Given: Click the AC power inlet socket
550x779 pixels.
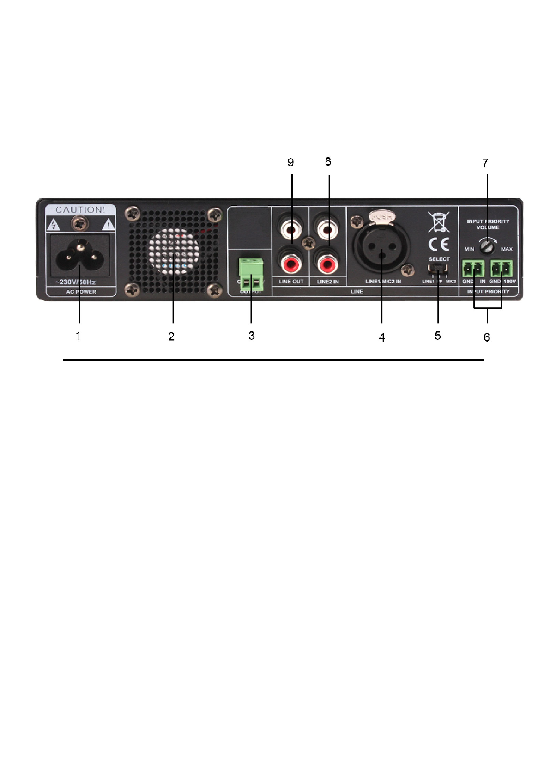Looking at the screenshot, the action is [x=80, y=256].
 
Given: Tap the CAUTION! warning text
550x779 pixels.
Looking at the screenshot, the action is [x=80, y=210].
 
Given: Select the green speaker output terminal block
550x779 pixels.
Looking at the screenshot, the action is [x=251, y=274].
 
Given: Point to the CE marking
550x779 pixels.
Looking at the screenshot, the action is [x=438, y=244].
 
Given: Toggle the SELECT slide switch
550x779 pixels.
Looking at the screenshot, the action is [x=437, y=269].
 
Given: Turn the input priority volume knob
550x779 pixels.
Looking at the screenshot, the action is [x=487, y=247].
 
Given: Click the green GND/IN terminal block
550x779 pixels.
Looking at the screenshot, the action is [x=473, y=268].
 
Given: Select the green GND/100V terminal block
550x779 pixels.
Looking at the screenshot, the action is [x=502, y=268].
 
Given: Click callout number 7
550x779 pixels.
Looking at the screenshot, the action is [x=485, y=163].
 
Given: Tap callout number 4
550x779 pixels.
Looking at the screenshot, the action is [x=381, y=338].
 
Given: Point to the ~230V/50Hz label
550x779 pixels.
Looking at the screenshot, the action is [x=76, y=282].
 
